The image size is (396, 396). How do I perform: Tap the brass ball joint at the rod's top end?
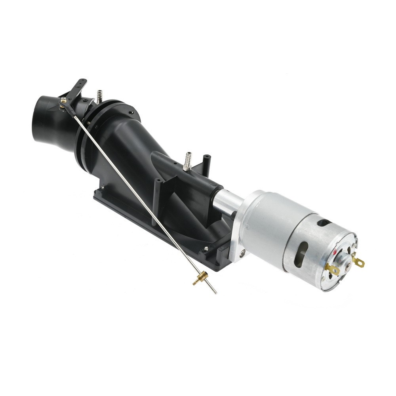(63, 101)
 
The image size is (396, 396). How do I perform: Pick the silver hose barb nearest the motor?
(187, 160)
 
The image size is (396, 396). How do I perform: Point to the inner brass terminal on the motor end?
(332, 270)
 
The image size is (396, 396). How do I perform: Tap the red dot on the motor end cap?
(337, 251)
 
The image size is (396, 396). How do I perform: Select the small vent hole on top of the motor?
(324, 223)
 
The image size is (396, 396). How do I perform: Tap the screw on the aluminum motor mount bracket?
(242, 251)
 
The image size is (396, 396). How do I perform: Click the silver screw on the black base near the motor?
(206, 249)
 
